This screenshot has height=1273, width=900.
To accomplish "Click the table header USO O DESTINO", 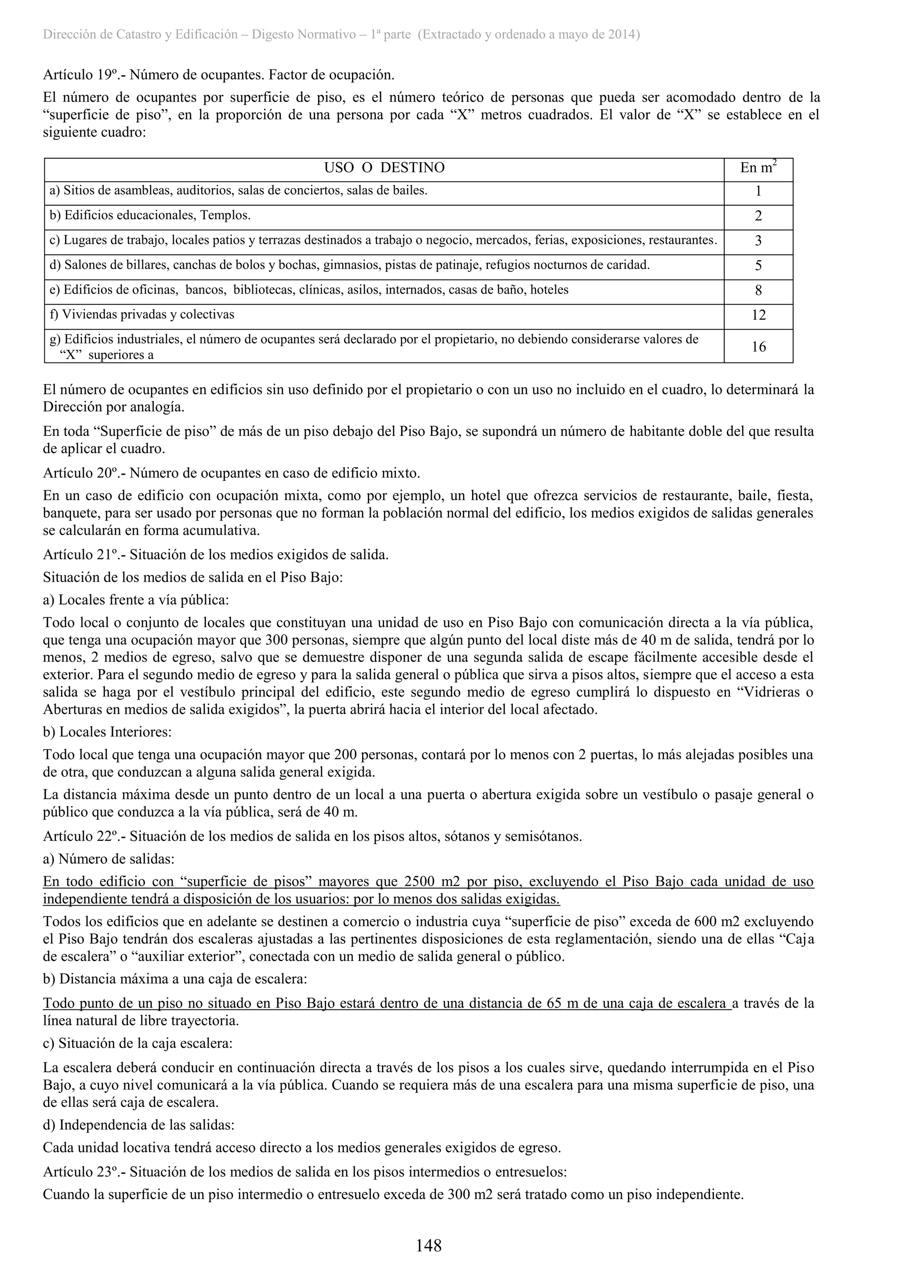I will click(x=384, y=168).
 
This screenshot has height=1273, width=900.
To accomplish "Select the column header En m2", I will click(x=758, y=167).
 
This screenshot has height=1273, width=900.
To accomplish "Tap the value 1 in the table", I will click(x=758, y=192).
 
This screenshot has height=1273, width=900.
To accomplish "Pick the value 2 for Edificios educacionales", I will click(x=758, y=216).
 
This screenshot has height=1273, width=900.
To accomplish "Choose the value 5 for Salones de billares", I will click(x=758, y=266).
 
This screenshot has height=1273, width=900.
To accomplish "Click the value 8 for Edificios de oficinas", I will click(x=758, y=290).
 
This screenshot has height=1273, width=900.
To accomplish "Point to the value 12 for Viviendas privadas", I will click(x=758, y=316).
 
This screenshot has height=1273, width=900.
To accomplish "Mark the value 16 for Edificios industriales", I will click(x=758, y=347).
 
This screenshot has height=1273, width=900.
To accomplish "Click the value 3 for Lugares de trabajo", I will click(x=758, y=241).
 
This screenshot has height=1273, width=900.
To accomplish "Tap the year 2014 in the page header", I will click(x=621, y=35).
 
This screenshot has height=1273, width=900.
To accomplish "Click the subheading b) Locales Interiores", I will click(x=107, y=732).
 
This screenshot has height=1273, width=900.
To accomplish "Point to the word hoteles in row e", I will click(x=549, y=290).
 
